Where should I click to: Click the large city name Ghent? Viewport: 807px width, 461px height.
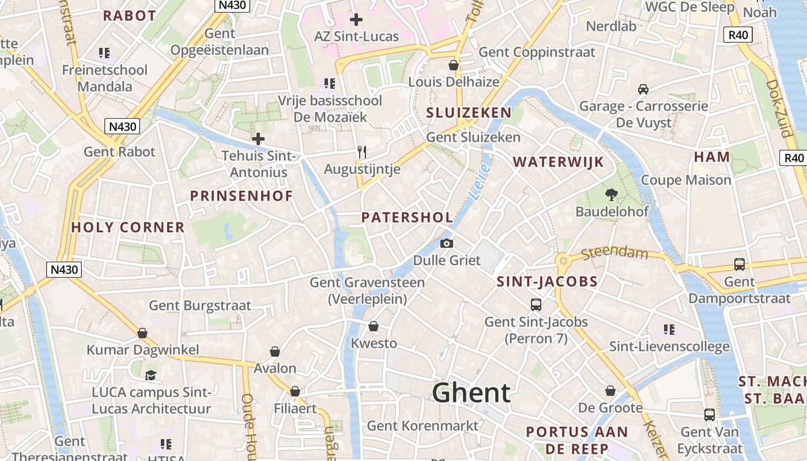471,393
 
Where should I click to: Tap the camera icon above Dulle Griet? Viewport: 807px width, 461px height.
446,244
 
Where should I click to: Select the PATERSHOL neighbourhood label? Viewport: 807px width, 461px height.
407,217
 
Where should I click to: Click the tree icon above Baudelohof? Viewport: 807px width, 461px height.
611,195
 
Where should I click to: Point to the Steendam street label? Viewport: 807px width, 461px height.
614,253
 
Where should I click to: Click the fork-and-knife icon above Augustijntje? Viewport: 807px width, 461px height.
362,152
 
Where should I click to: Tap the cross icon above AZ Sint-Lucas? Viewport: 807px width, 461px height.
356,20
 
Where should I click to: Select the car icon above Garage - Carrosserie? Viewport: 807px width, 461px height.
643,89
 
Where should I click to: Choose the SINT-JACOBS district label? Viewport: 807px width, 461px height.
547,282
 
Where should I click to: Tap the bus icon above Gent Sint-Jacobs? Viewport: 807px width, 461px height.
536,304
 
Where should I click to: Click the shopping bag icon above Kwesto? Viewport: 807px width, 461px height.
374,326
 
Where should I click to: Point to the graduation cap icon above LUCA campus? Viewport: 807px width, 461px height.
150,375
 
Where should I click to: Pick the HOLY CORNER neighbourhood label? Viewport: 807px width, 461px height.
128,228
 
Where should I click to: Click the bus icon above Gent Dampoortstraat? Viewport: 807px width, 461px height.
739,264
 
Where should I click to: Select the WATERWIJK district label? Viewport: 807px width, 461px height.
558,162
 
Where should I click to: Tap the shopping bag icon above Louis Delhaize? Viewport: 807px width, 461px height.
454,65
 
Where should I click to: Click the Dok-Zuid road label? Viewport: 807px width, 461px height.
779,108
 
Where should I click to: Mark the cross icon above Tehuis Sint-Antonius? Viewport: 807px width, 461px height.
258,139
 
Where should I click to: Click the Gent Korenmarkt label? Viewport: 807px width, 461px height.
423,426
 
